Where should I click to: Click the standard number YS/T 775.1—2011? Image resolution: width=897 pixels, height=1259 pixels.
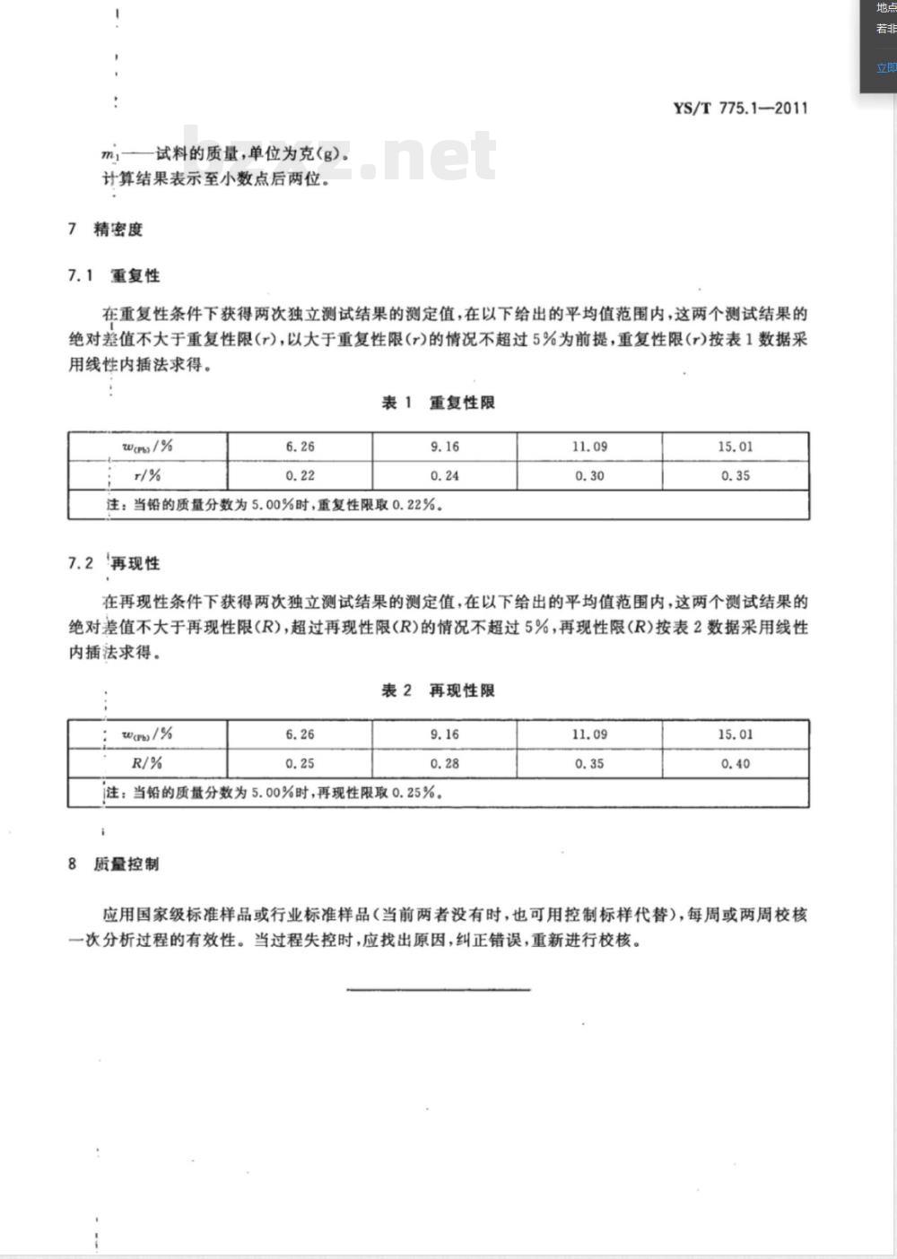[x=740, y=109]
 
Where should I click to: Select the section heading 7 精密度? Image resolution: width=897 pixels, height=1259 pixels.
[x=106, y=230]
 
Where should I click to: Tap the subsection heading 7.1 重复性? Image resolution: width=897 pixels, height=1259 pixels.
[x=114, y=275]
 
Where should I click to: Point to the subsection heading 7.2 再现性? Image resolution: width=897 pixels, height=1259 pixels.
[x=114, y=563]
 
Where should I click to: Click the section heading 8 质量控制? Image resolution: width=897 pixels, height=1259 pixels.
[x=114, y=864]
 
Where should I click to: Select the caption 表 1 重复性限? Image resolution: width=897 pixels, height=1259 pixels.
[x=439, y=403]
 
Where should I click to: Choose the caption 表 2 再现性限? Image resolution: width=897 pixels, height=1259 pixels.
[x=439, y=690]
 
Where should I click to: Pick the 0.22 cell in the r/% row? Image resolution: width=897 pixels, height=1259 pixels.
[x=300, y=476]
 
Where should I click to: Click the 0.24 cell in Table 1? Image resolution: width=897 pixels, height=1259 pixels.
[x=445, y=476]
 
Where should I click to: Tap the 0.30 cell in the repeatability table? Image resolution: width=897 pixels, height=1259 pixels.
[x=589, y=476]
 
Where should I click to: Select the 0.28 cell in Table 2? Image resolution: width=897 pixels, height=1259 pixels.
[x=445, y=764]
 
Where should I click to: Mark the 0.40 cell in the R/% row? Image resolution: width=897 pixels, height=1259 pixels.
[x=736, y=764]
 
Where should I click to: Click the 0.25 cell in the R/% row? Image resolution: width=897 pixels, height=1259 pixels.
[x=300, y=764]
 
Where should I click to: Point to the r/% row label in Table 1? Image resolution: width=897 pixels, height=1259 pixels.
[x=147, y=476]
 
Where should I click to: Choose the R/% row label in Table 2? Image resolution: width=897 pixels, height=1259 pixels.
[x=147, y=764]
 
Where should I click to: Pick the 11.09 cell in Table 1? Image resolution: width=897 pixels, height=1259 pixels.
[x=589, y=447]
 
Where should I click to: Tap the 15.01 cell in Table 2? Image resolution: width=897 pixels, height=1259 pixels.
[x=736, y=734]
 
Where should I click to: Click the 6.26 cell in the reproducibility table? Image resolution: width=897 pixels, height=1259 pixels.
[x=300, y=734]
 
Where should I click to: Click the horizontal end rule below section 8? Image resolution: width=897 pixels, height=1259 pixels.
[x=439, y=990]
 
